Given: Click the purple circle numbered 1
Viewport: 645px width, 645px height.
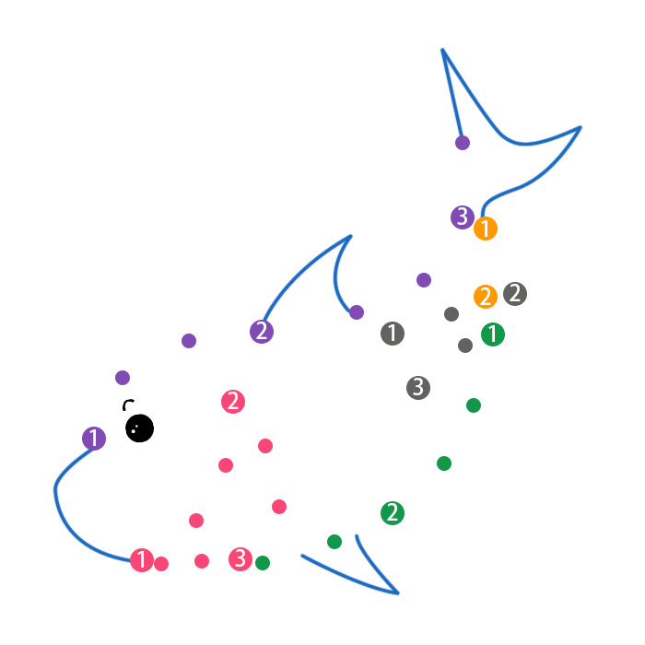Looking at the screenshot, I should (94, 439).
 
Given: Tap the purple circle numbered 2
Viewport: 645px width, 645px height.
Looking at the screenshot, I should (262, 332).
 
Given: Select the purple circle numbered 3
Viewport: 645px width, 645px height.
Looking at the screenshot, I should (463, 217).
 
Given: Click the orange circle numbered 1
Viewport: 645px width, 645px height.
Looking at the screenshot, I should (486, 229).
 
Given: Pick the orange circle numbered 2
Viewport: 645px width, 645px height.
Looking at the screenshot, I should (486, 297).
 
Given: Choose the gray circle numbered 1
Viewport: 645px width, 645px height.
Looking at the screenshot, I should (393, 334).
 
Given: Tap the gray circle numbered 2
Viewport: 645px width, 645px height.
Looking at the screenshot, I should (515, 294).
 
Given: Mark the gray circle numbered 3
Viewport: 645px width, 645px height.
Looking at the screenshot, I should (418, 387).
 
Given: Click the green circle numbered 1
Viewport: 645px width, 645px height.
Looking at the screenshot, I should (493, 334).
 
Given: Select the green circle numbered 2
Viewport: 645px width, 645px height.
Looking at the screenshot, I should (393, 513).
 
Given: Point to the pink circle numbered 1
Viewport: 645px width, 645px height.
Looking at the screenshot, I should (142, 560).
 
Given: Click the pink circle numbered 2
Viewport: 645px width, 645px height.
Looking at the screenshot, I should (234, 402).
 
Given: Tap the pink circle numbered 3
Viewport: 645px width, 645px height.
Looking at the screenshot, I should (240, 558).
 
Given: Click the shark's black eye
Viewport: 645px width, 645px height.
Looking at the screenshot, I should (139, 428).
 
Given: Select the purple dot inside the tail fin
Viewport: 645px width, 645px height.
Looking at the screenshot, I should (463, 143).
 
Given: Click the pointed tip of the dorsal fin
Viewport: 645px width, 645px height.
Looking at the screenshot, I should (351, 236).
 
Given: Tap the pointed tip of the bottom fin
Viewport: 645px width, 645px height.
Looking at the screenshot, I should (398, 593).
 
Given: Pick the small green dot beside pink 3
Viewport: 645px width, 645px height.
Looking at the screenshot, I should (263, 563).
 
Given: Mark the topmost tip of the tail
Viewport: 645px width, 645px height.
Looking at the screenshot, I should (442, 50).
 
